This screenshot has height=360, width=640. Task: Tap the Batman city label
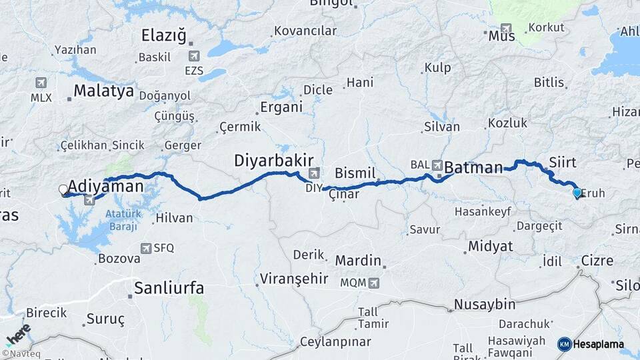tap(473, 167)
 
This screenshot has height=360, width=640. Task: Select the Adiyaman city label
tap(106, 186)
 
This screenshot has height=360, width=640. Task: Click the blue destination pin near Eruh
tap(577, 193)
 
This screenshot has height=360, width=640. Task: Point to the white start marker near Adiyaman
tap(64, 190)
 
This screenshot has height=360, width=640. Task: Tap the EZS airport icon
tap(194, 57)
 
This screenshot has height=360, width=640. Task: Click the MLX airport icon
tap(41, 83)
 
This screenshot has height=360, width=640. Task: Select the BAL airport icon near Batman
tap(437, 165)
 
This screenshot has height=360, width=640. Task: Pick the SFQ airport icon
tap(146, 248)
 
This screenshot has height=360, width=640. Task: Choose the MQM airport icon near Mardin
tap(373, 283)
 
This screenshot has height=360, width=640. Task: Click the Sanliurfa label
tap(169, 288)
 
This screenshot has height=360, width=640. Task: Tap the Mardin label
tap(358, 261)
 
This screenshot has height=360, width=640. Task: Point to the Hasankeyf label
tap(482, 211)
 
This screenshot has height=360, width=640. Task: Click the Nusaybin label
tap(485, 305)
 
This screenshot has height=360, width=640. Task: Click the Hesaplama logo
tap(591, 344)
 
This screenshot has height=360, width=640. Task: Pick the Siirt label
tap(563, 162)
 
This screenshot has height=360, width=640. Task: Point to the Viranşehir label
tap(294, 279)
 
